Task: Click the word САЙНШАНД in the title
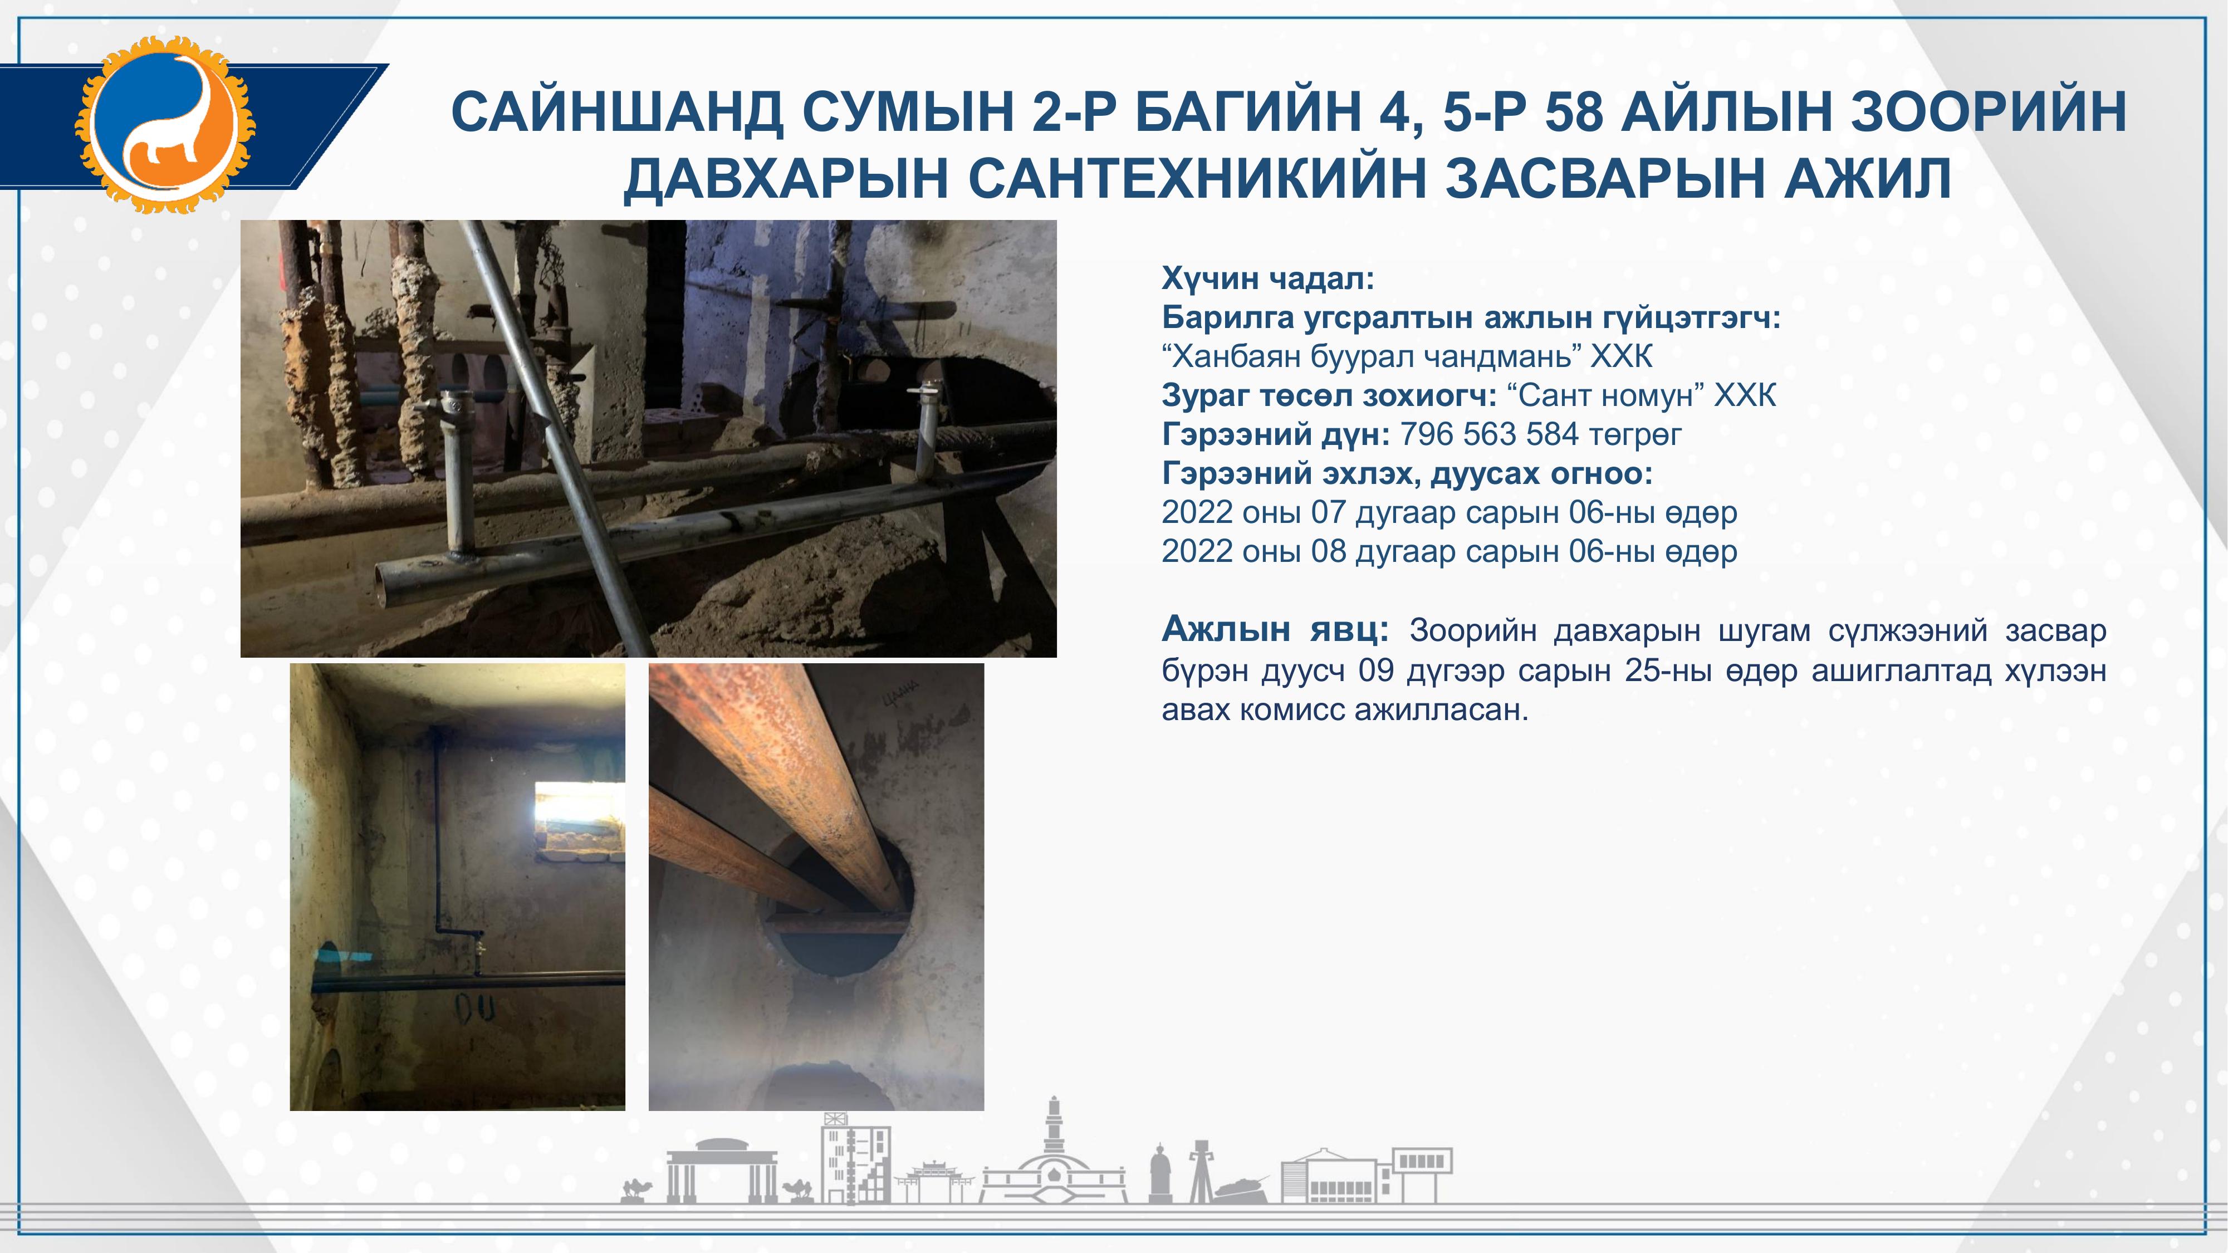coord(618,112)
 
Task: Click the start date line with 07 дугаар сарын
coord(1450,513)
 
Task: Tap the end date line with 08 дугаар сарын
coord(1450,552)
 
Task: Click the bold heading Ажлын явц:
coord(1275,629)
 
